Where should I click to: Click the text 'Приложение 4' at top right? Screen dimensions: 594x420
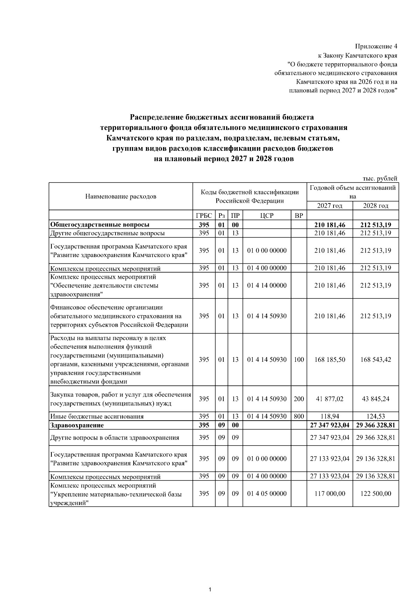click(x=376, y=46)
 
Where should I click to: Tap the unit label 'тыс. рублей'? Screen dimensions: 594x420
click(x=380, y=179)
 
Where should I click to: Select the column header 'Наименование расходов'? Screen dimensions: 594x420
click(x=121, y=196)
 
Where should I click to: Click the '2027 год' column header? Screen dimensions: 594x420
click(x=330, y=206)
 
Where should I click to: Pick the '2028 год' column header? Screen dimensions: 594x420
click(x=376, y=206)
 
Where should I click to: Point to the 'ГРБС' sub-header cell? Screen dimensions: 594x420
click(x=204, y=215)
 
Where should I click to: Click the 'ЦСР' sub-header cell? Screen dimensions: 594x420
click(x=267, y=215)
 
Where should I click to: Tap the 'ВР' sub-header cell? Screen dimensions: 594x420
click(x=299, y=215)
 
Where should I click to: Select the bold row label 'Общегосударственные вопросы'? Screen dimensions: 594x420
click(x=100, y=225)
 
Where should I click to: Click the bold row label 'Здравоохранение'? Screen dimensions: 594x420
click(x=77, y=425)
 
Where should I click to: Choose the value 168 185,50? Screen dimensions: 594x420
click(x=330, y=359)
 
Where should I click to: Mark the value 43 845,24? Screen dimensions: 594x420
click(x=376, y=399)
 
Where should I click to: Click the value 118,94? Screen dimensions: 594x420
click(x=330, y=416)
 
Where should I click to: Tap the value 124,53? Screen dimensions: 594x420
click(x=376, y=416)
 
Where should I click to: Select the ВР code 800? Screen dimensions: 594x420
click(x=299, y=416)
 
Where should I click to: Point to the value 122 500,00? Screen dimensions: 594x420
click(x=376, y=493)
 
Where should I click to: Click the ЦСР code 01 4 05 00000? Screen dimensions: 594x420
click(x=267, y=493)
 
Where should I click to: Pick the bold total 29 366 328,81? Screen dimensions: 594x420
click(x=376, y=425)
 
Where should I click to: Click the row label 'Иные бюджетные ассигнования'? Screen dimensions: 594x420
click(x=97, y=416)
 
